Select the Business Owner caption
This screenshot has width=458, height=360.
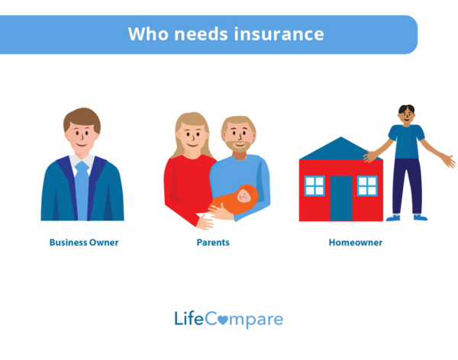point(84,243)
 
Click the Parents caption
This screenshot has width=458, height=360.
point(213,243)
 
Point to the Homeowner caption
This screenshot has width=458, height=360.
point(356,243)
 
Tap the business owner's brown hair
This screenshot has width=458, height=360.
point(82,117)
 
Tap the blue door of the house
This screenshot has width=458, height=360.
point(341,198)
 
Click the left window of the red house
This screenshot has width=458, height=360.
point(314,185)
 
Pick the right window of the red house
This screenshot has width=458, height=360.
point(367,185)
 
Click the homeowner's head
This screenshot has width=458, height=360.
point(407,115)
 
